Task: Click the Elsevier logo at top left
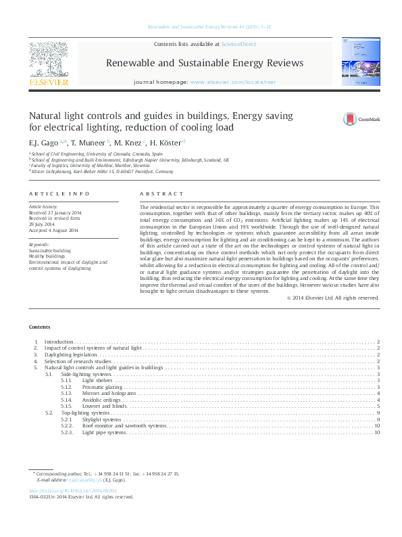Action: pos(48,64)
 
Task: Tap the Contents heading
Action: pos(39,326)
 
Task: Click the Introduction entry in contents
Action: pos(58,342)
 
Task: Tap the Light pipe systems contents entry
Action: pos(104,432)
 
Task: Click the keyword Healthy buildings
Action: pos(45,256)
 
